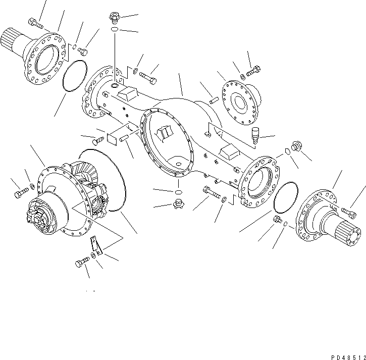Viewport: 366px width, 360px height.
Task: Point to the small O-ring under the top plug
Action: [x=115, y=32]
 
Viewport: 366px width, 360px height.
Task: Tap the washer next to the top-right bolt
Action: [x=242, y=76]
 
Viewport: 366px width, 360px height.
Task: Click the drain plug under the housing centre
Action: [x=178, y=204]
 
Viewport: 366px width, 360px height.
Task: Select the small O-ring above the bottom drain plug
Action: [x=178, y=192]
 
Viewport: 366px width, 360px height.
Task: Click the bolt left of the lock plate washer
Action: [x=82, y=263]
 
